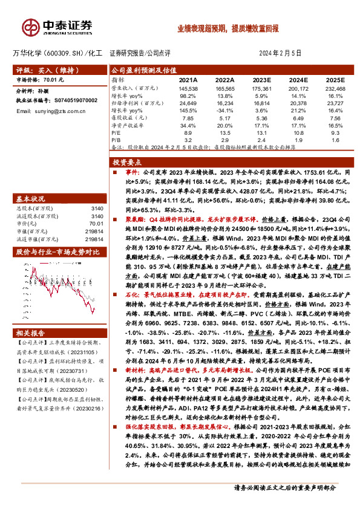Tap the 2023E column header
pyautogui.click(x=262, y=80)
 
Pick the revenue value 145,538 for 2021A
pyautogui.click(x=188, y=88)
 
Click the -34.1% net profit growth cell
pyautogui.click(x=225, y=111)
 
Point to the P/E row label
pyautogui.click(x=116, y=132)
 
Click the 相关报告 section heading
pyautogui.click(x=30, y=334)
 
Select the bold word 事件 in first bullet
pyautogui.click(x=126, y=172)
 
